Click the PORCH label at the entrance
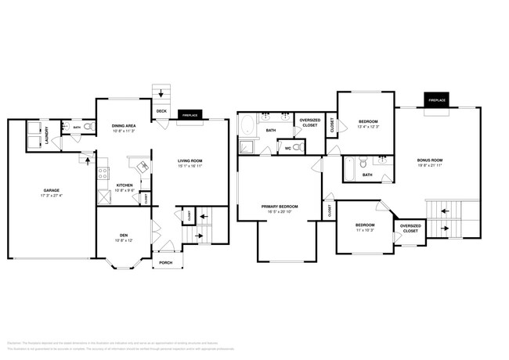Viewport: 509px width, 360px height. click(166, 263)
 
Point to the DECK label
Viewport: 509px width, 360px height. click(161, 111)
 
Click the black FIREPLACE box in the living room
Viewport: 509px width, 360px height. click(190, 114)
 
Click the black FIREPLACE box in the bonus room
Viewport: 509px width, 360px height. click(436, 100)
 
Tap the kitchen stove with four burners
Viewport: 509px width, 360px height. click(103, 175)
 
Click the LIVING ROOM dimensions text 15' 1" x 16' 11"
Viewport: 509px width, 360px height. click(190, 166)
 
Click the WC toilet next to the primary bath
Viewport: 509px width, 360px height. click(297, 147)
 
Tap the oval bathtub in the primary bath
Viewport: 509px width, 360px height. click(247, 126)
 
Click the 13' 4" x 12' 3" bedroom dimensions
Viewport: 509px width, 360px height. click(368, 127)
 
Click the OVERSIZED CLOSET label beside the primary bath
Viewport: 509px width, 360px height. click(309, 123)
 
